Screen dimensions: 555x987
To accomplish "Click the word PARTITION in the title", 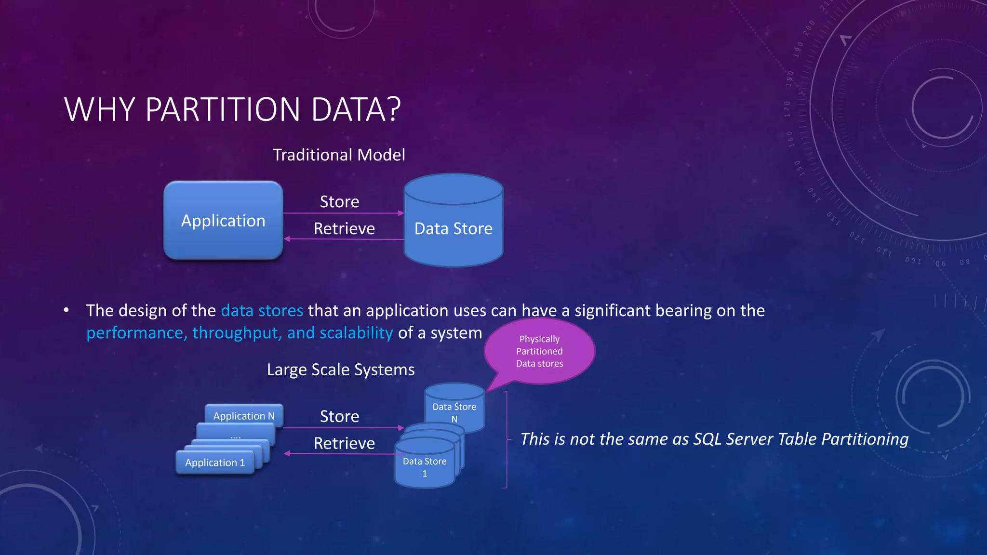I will tap(223, 110).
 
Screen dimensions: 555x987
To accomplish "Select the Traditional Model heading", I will tap(339, 155).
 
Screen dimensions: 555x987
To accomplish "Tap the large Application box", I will tap(223, 221).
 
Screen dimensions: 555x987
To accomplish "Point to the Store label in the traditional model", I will tap(339, 202).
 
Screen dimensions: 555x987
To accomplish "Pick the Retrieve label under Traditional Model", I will tap(344, 229).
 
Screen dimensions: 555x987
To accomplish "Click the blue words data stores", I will tap(262, 311).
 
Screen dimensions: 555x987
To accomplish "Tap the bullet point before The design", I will tap(66, 311).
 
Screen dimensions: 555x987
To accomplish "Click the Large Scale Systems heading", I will tap(341, 370).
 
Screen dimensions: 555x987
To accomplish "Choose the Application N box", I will tap(244, 415).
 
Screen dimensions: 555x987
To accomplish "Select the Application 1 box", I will tap(215, 462).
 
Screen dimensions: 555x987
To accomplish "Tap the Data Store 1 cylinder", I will tap(424, 466).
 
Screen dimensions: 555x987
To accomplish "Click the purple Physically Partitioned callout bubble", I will tap(539, 351).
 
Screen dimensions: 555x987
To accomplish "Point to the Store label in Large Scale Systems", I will tap(339, 417).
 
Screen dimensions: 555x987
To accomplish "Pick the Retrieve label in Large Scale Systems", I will tap(344, 444).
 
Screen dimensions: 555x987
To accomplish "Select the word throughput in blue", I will tap(237, 333).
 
